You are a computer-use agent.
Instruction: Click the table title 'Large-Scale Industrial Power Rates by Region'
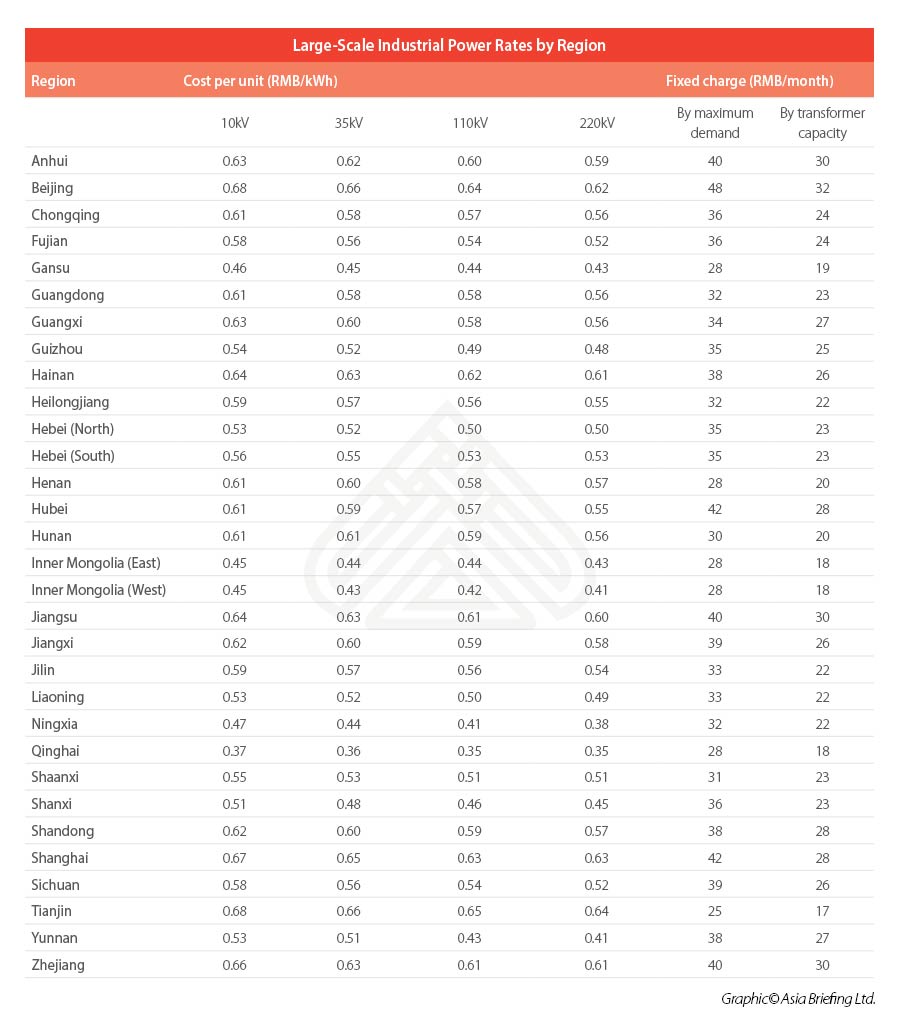(449, 45)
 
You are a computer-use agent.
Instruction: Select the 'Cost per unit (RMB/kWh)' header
(260, 81)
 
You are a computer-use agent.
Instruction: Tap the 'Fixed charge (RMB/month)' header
(749, 81)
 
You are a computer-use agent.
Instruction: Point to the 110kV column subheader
(470, 123)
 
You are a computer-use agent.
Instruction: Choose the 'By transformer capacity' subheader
(822, 123)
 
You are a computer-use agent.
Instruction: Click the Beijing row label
(52, 188)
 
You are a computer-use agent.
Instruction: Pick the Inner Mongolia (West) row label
(98, 590)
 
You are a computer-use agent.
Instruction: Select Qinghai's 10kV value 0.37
(234, 751)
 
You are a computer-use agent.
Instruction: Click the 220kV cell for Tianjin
(597, 911)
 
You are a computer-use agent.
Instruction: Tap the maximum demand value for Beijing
(715, 188)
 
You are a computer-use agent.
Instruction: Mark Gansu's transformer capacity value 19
(823, 268)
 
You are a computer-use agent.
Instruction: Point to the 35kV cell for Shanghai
(349, 858)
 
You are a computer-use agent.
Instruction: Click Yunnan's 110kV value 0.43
(469, 938)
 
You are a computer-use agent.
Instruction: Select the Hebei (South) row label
(73, 456)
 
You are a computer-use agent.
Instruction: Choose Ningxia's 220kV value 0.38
(597, 724)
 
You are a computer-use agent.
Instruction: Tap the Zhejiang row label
(58, 965)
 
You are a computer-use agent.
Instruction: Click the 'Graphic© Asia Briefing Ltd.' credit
(798, 999)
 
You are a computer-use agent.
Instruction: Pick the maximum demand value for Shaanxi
(715, 777)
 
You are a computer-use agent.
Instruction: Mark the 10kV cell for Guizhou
(234, 349)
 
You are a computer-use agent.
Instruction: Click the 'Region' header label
(53, 81)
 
